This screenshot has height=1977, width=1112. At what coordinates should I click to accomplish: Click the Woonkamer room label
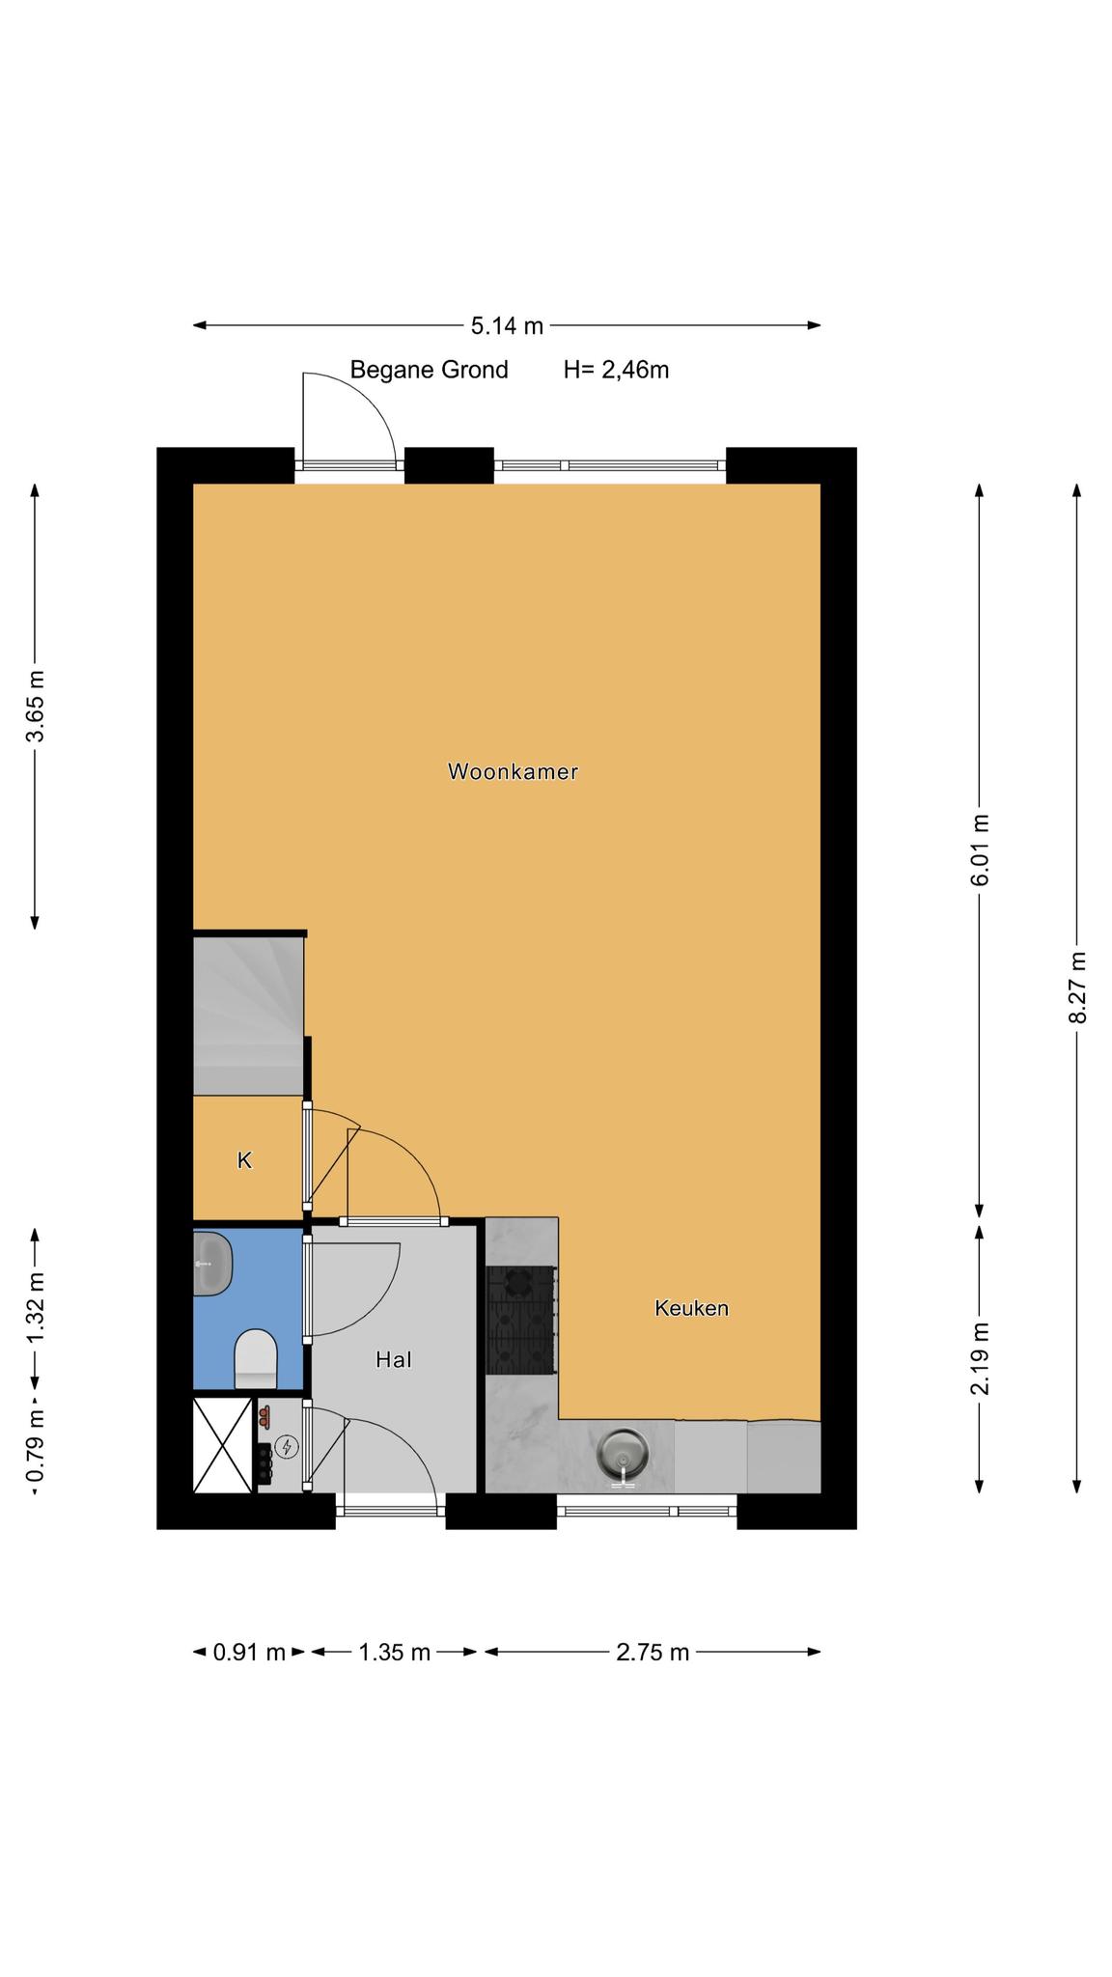513,771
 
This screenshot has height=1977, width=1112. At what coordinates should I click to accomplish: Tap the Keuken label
691,1308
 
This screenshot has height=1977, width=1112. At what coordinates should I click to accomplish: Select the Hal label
394,1359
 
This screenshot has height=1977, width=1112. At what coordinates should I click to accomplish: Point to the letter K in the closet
245,1160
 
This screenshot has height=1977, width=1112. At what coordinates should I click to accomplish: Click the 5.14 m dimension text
507,326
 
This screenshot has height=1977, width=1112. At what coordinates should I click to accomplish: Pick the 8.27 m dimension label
1078,988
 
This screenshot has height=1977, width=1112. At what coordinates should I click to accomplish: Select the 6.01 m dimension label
981,850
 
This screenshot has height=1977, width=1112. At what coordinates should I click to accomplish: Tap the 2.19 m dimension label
981,1358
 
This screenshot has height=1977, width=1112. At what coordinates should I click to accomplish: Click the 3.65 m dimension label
36,706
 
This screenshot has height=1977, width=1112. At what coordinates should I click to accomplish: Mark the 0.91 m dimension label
249,1652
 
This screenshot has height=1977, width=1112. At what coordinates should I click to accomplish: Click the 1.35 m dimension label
394,1652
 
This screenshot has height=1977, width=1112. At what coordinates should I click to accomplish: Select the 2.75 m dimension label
653,1652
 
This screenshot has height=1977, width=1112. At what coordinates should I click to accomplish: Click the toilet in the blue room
256,1358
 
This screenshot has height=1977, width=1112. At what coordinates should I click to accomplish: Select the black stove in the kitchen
520,1320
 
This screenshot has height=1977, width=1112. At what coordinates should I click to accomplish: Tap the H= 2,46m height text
616,370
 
